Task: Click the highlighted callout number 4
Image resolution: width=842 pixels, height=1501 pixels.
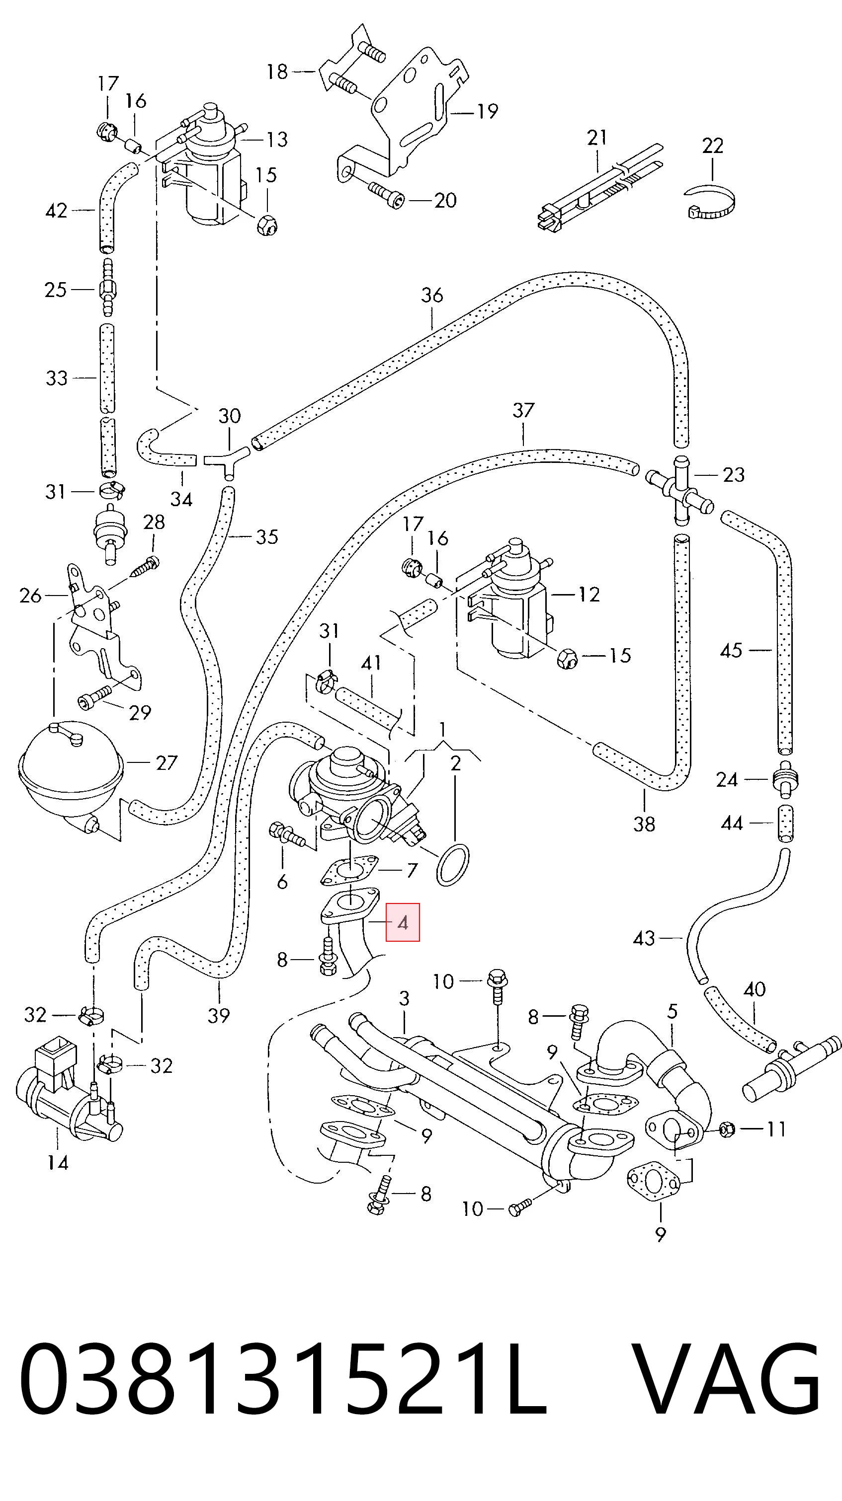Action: click(x=402, y=923)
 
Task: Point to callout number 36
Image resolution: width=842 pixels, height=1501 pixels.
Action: click(x=432, y=296)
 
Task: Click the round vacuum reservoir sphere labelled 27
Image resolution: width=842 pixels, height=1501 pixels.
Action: click(x=71, y=763)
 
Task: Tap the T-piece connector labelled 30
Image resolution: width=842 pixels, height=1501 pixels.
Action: click(x=228, y=462)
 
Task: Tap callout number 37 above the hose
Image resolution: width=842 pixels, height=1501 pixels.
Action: click(x=523, y=410)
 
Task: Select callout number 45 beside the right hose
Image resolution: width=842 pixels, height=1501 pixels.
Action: click(x=731, y=650)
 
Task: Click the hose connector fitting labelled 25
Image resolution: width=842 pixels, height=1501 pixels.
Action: click(x=107, y=289)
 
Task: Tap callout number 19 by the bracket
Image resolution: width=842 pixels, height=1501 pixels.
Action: click(x=487, y=111)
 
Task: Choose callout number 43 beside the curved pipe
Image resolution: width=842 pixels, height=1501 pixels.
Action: click(x=644, y=938)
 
